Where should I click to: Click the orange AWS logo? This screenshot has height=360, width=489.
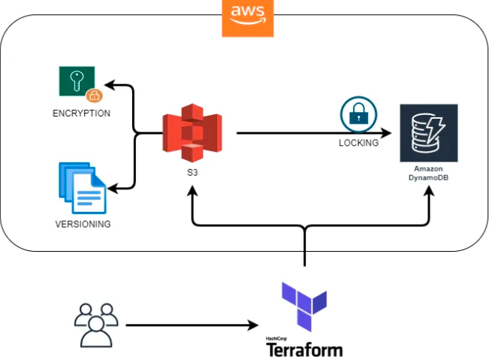pos(248,18)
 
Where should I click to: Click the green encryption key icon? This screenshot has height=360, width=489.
pos(77,80)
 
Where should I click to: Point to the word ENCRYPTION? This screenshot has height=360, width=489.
pos(81,113)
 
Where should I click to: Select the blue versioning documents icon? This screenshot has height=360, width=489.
pos(83,187)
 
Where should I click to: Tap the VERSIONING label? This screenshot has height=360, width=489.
pos(83,224)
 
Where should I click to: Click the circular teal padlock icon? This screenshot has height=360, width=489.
pos(358,115)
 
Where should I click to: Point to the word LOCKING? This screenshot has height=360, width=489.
pos(358,143)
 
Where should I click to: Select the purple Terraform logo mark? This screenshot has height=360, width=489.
pos(304,306)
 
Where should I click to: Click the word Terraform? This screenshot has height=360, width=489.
pos(304,349)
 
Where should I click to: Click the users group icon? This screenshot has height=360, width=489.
pos(96,324)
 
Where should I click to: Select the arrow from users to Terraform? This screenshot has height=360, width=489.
pos(188,325)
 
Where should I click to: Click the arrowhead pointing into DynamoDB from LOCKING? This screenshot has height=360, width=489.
pos(388,134)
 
